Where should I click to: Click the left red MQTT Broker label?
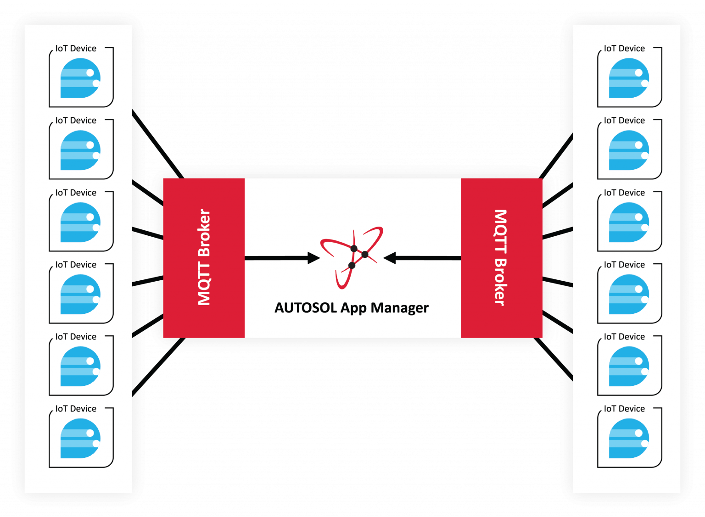point(204,257)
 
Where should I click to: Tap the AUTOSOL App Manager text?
point(351,307)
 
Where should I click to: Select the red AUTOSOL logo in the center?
point(352,257)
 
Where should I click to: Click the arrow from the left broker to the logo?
point(282,258)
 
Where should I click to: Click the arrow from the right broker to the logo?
point(422,258)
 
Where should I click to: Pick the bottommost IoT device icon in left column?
point(80,439)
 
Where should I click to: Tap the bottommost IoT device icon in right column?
point(629,439)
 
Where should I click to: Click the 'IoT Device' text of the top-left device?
point(76,49)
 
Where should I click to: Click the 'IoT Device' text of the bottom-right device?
point(624,409)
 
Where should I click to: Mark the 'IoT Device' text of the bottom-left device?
point(76,409)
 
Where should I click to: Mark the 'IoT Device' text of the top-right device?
point(624,49)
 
